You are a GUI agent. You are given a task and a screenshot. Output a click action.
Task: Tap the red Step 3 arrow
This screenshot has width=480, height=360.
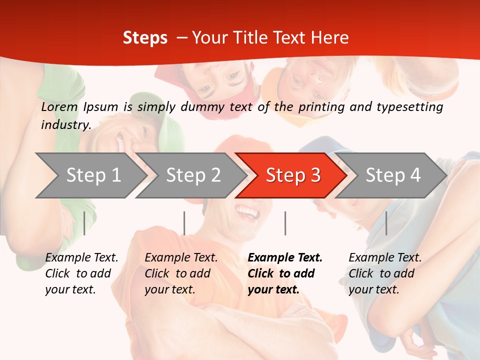pos(292,175)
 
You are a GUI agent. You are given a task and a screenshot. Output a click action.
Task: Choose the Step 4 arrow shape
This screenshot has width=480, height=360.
pos(392,175)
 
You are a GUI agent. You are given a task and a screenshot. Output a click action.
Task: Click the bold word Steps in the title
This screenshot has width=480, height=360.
pos(145,38)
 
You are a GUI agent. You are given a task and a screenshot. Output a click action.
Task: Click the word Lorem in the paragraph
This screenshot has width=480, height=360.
pos(59,107)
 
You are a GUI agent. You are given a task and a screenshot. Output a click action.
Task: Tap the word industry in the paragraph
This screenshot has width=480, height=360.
pos(65,124)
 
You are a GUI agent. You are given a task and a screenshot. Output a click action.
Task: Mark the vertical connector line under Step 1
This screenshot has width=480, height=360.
pos(84,223)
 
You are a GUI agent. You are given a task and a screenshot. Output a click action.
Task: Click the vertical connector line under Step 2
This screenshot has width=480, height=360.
pos(184,223)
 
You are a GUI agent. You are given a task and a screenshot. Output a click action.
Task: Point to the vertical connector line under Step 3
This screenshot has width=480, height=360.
pos(285,223)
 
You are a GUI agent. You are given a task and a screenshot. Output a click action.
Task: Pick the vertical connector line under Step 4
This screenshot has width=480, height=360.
pos(386,223)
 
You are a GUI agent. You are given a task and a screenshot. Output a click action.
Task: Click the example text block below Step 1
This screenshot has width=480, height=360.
pos(81,273)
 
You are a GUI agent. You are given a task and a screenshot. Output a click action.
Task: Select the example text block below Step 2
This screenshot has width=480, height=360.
pos(181,273)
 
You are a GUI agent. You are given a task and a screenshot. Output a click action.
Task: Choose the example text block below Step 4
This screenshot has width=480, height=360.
pos(385,273)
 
